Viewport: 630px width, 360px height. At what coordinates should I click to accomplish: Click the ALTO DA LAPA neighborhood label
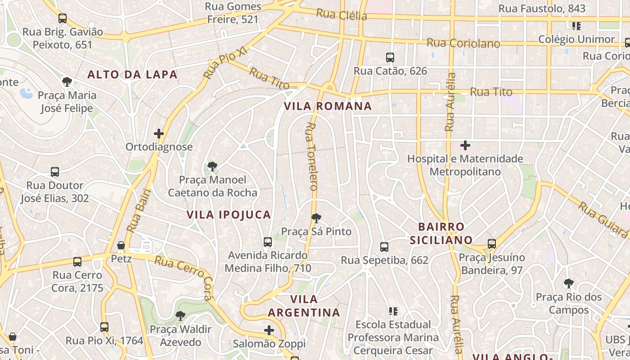pyautogui.click(x=132, y=75)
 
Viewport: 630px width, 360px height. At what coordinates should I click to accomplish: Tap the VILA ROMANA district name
pyautogui.click(x=328, y=106)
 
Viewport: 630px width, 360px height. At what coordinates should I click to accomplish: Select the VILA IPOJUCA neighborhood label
pyautogui.click(x=229, y=215)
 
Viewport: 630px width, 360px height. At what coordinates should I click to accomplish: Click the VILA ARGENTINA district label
pyautogui.click(x=304, y=306)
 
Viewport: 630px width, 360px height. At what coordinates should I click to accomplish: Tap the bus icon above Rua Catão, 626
pyautogui.click(x=390, y=58)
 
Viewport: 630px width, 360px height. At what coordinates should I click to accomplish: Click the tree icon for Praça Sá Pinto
pyautogui.click(x=316, y=218)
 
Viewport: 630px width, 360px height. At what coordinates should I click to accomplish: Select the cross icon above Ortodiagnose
pyautogui.click(x=159, y=134)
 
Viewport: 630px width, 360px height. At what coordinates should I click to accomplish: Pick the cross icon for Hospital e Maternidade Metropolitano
pyautogui.click(x=465, y=145)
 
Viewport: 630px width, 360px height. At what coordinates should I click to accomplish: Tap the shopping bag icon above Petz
pyautogui.click(x=121, y=245)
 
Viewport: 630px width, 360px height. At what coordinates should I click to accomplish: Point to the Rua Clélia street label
pyautogui.click(x=341, y=15)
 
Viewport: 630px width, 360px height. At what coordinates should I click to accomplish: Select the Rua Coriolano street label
pyautogui.click(x=463, y=43)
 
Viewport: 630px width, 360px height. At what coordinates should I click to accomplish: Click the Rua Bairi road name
pyautogui.click(x=139, y=210)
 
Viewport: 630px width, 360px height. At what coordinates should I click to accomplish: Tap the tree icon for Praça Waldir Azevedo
pyautogui.click(x=180, y=315)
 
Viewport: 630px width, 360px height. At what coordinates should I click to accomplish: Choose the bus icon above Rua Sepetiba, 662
pyautogui.click(x=384, y=247)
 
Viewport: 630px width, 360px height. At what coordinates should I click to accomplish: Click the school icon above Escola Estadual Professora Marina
pyautogui.click(x=393, y=311)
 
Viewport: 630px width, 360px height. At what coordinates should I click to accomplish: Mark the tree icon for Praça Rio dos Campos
pyautogui.click(x=569, y=283)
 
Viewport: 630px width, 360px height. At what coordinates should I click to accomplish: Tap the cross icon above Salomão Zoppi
pyautogui.click(x=269, y=330)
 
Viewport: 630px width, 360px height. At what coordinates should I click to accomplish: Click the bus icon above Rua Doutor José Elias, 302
pyautogui.click(x=55, y=172)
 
